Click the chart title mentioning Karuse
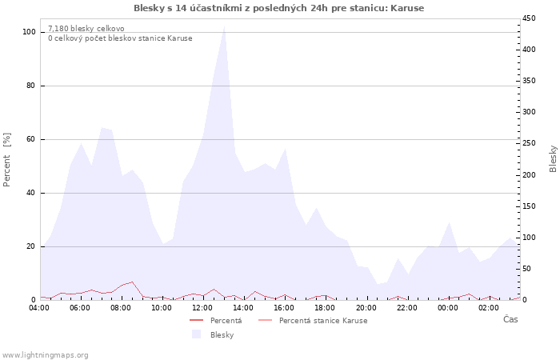[x=279, y=8]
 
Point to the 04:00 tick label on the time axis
[x=39, y=308]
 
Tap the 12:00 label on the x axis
[x=202, y=308]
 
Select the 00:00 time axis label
[x=447, y=308]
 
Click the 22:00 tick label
[x=406, y=308]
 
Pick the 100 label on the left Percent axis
[x=29, y=32]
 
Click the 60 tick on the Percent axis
[x=30, y=139]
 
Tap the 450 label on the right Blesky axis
[x=529, y=18]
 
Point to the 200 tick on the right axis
[x=529, y=175]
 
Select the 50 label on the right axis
[x=526, y=269]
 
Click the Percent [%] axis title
[x=6, y=160]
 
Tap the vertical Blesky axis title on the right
[x=553, y=159]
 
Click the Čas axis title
[x=510, y=319]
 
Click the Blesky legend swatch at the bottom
[x=196, y=334]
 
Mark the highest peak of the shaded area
[x=224, y=26]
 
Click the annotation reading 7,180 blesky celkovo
[x=86, y=29]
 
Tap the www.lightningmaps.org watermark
[x=45, y=355]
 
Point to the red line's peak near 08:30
[x=132, y=282]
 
